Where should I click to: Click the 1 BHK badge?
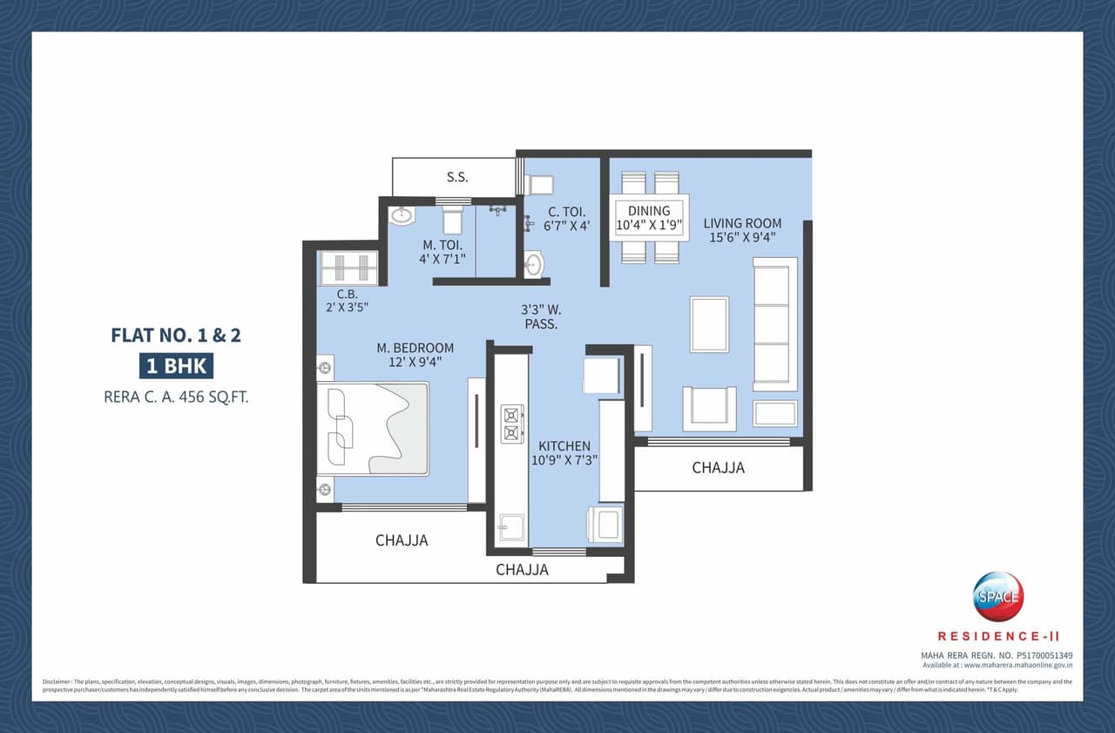point(176,365)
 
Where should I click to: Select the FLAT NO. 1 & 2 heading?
point(176,335)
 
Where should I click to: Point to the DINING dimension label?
point(649,218)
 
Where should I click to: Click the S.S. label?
point(457,177)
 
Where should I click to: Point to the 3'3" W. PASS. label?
point(540,316)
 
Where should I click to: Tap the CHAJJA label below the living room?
point(718,468)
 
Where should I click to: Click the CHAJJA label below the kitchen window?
point(522,570)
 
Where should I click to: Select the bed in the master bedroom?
point(374,428)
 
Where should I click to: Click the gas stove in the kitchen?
point(511,423)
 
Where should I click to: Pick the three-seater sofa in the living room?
point(774,323)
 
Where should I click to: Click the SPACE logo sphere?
point(998,597)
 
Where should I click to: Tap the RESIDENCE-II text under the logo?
point(998,637)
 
